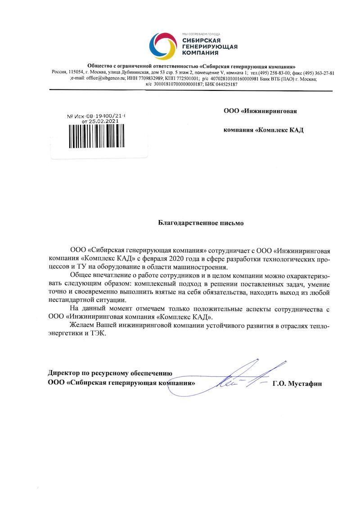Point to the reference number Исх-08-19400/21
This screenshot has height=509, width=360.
99,116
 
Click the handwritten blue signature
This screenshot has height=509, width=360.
243,378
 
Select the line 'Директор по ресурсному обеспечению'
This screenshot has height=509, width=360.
110,372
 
